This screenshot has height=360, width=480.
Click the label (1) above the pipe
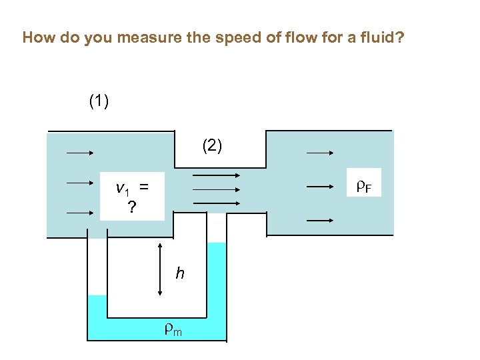pos(99,101)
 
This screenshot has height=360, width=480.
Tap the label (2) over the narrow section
pos(213,146)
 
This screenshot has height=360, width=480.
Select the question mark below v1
pos(132,208)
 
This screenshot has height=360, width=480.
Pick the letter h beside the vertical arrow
pos(180,273)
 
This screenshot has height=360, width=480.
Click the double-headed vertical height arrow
pos(160,269)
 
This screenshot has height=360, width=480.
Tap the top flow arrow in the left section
pos(80,153)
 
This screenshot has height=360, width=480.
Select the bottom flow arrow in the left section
pos(80,213)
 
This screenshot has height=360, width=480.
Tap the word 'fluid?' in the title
pos(384,37)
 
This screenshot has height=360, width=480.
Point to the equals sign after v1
pos(143,189)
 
